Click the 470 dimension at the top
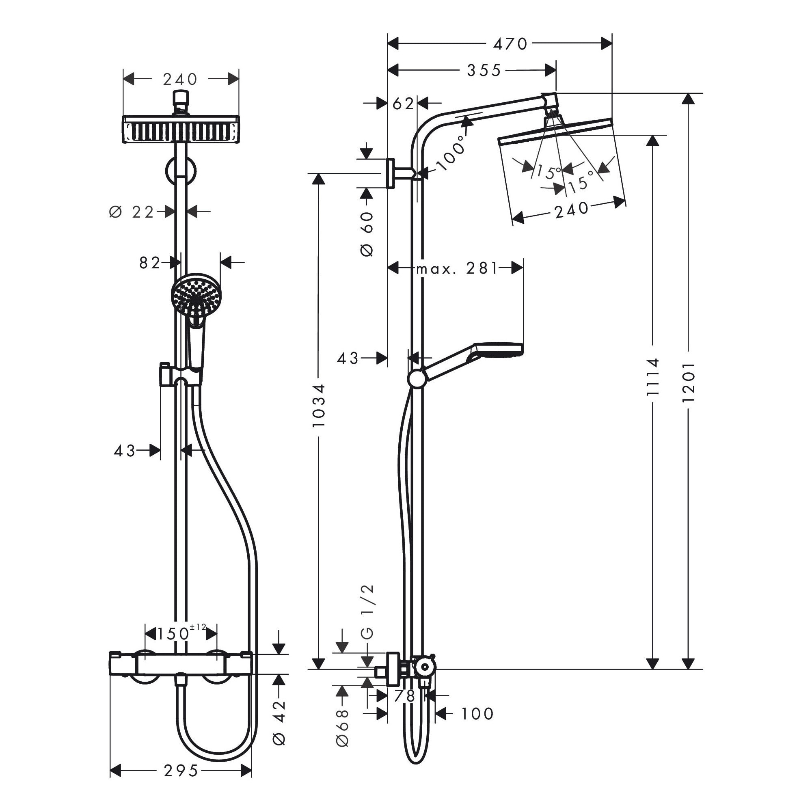click(510, 44)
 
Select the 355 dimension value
click(484, 71)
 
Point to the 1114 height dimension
click(652, 377)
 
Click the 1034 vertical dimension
click(319, 406)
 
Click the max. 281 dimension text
click(457, 268)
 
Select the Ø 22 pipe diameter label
click(132, 212)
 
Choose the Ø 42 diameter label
click(279, 723)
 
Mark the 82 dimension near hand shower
click(150, 263)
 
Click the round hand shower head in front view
click(196, 297)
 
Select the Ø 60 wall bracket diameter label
click(367, 234)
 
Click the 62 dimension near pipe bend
click(403, 104)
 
